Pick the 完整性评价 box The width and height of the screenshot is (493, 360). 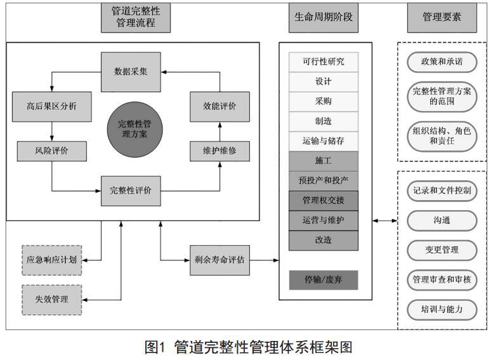131,190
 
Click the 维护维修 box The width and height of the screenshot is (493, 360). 220,152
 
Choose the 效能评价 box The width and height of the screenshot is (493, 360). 220,107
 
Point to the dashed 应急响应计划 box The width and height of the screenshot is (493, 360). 51,260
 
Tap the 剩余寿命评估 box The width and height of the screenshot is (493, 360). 220,260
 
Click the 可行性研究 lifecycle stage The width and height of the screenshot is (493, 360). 323,62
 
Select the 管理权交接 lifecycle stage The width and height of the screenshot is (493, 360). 323,201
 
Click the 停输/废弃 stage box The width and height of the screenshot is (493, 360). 323,280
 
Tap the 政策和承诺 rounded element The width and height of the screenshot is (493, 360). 442,62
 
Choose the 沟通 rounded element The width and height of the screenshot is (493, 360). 442,220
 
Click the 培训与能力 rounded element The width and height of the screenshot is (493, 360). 442,309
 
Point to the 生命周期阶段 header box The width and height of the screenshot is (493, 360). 324,18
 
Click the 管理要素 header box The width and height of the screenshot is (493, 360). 442,18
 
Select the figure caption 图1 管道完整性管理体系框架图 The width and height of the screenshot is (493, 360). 248,347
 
